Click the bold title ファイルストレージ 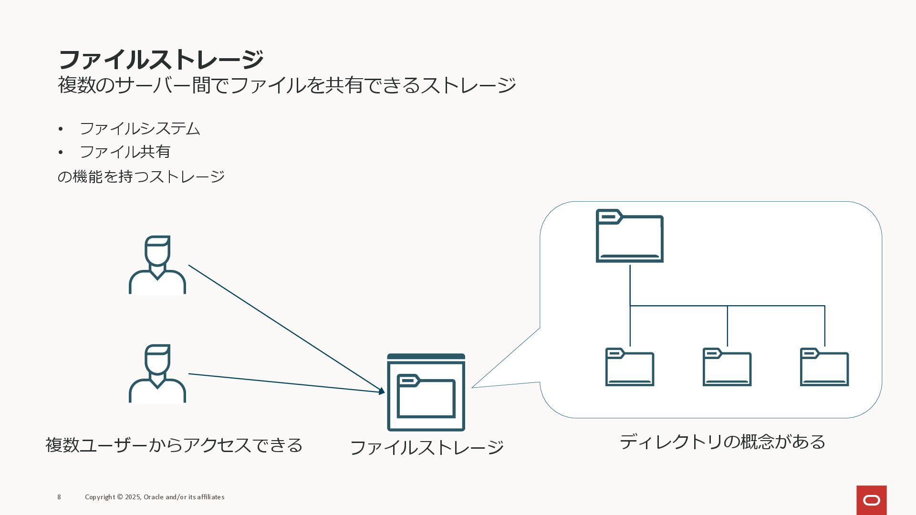(160, 60)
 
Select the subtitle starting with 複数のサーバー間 (286, 85)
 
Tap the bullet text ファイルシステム (140, 129)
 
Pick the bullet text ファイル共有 (125, 152)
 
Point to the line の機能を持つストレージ (141, 176)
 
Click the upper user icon (157, 265)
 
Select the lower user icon (157, 374)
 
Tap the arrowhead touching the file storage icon (381, 391)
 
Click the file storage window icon (426, 392)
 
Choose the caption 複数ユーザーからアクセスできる (174, 445)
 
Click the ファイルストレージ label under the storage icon (427, 448)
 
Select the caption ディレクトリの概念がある (722, 442)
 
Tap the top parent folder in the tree (630, 237)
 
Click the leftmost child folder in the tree (630, 367)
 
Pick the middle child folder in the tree (727, 367)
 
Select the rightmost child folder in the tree (824, 367)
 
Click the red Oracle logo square (872, 500)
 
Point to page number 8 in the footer (59, 497)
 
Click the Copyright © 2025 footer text (155, 497)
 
